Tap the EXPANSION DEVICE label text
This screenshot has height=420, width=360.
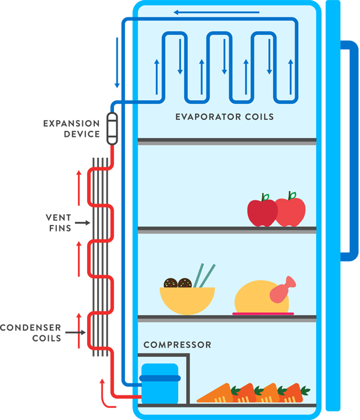pos(71,129)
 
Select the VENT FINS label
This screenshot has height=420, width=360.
pos(59,223)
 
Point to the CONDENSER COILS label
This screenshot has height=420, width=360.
pos(31,332)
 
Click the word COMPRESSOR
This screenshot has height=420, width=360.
pos(177,345)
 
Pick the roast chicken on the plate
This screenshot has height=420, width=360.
pos(259,298)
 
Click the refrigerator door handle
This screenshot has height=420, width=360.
pos(349,150)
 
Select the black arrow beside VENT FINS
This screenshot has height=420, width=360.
pos(83,223)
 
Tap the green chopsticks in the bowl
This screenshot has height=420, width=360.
pos(205,275)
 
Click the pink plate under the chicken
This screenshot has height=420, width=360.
pos(263,314)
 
